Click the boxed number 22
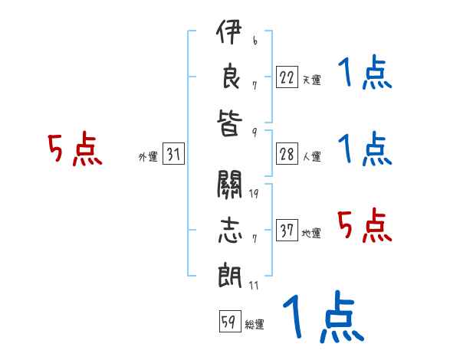coord(287,77)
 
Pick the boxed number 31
coord(173,155)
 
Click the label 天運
coord(311,80)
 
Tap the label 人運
coord(311,157)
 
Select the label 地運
coord(311,233)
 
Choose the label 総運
coord(255,324)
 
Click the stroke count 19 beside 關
coord(253,193)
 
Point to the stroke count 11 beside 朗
coord(253,286)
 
